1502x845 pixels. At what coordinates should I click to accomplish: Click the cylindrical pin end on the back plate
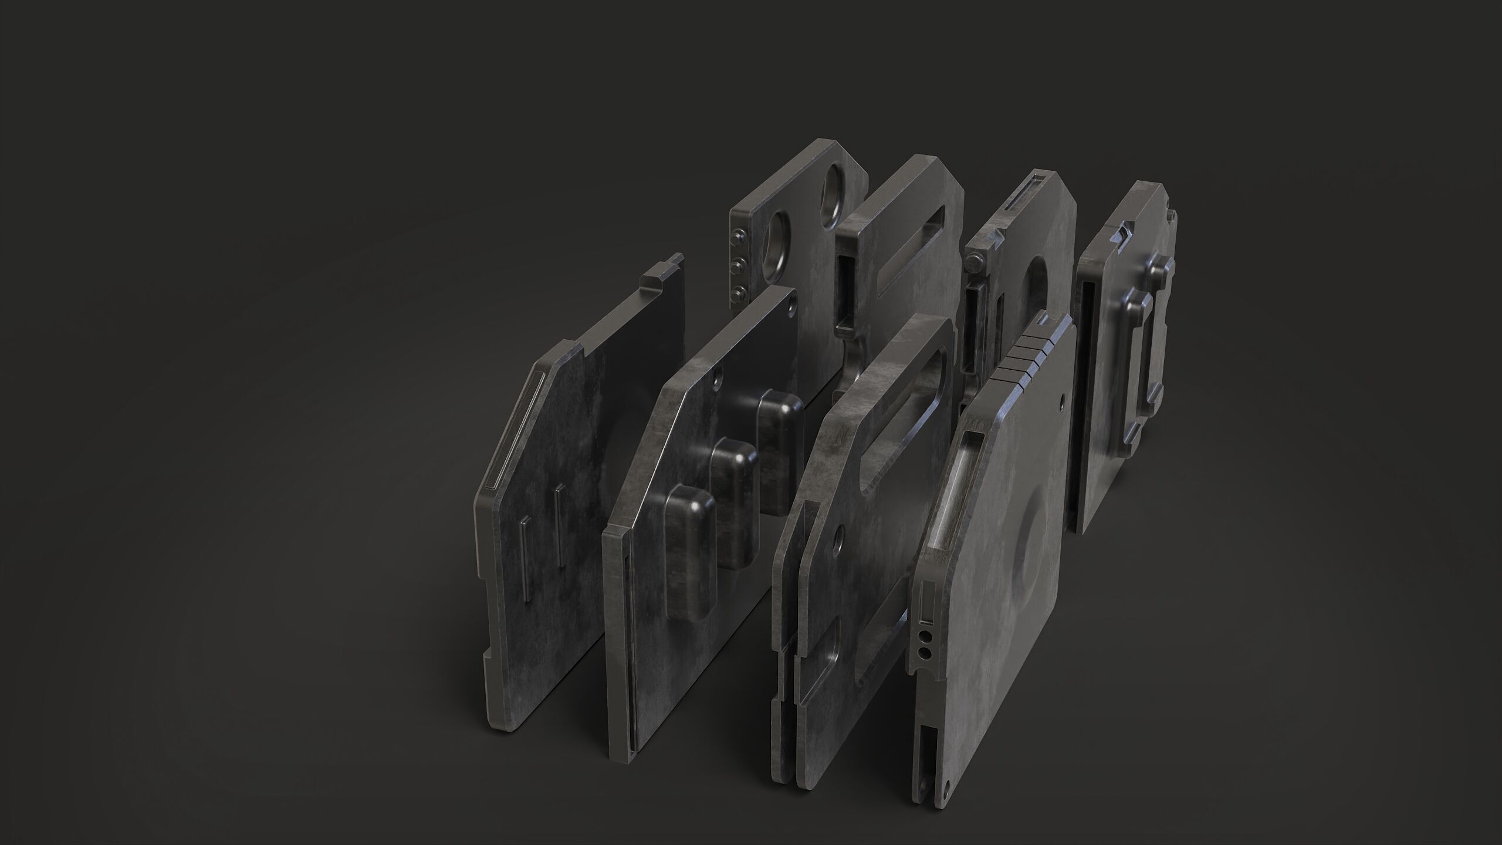(972, 262)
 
